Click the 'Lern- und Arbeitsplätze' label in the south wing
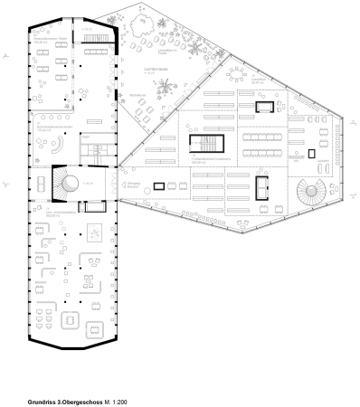(x=49, y=215)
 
